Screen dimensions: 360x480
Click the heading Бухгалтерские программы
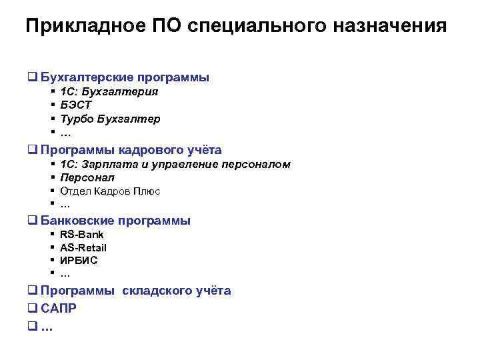pyautogui.click(x=125, y=77)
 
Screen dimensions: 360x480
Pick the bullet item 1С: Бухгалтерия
pyautogui.click(x=109, y=92)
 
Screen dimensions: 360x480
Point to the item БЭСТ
pyautogui.click(x=76, y=105)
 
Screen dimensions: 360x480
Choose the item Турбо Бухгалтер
pyautogui.click(x=110, y=119)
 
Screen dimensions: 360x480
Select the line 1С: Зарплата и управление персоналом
pyautogui.click(x=175, y=164)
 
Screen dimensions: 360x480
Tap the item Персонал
pyautogui.click(x=87, y=177)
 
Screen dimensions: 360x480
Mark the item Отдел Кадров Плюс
pyautogui.click(x=110, y=191)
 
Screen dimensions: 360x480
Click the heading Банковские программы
pyautogui.click(x=115, y=221)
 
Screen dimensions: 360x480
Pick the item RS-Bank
pyautogui.click(x=82, y=235)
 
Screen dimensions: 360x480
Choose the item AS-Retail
pyautogui.click(x=83, y=247)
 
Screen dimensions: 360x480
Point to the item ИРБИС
pyautogui.click(x=79, y=260)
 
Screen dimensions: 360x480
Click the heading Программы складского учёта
pyautogui.click(x=135, y=291)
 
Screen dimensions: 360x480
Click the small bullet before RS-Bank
pyautogui.click(x=52, y=235)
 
